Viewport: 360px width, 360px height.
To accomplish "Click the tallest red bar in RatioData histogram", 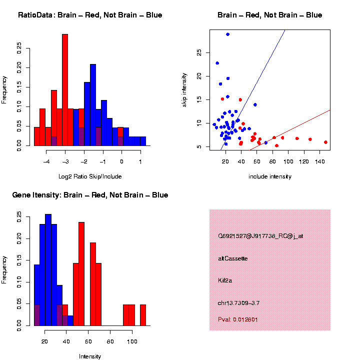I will point(65,90).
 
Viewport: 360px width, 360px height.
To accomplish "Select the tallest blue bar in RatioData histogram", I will point(93,105).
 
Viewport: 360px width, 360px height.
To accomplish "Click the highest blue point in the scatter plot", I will point(227,34).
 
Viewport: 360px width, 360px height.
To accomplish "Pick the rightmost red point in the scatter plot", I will point(325,142).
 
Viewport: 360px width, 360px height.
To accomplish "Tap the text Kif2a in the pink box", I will point(225,280).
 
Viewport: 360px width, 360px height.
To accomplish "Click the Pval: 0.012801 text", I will point(238,319).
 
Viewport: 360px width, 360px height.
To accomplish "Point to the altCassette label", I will point(233,258).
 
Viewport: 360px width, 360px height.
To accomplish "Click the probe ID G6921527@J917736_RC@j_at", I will point(260,236).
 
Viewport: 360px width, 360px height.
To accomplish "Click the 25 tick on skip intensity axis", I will point(199,52).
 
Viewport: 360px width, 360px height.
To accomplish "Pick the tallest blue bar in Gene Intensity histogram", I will point(48,270).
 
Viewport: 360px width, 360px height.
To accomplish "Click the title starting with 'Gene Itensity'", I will point(90,195).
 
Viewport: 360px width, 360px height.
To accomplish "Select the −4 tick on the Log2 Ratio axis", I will point(46,161).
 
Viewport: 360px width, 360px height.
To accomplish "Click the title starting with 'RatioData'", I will point(90,15).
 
